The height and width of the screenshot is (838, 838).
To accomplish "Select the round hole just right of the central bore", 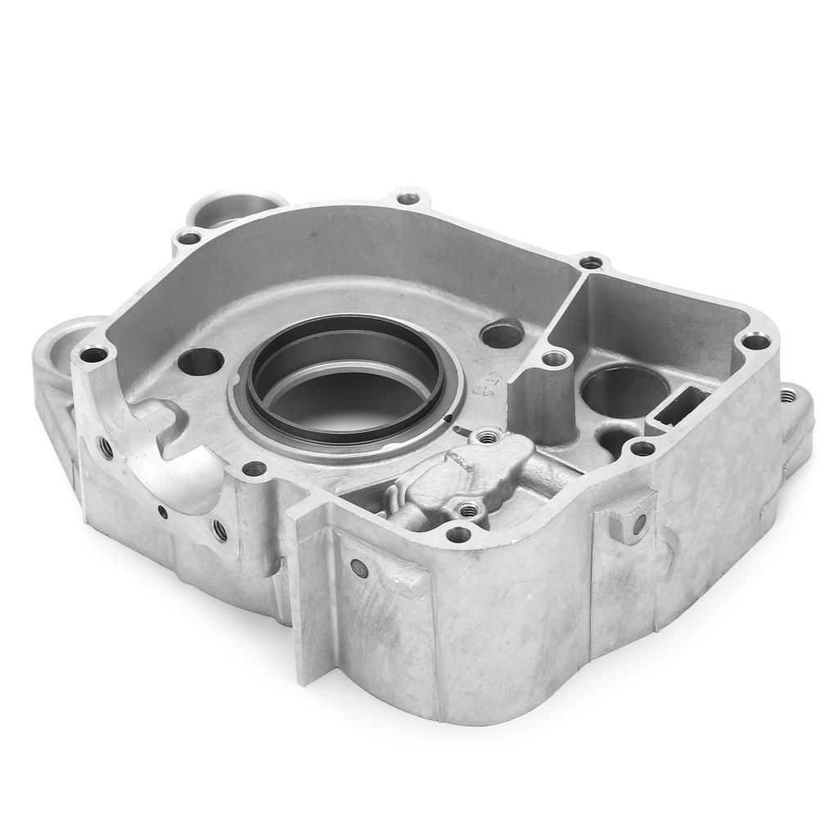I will pyautogui.click(x=502, y=334).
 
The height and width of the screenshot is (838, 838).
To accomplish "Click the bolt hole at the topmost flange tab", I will pyautogui.click(x=408, y=197).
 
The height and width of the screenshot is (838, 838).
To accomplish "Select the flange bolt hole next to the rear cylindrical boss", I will pyautogui.click(x=189, y=238).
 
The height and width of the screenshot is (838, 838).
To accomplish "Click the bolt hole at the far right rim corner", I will pyautogui.click(x=756, y=341).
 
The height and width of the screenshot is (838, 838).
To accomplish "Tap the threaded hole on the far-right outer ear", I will pyautogui.click(x=787, y=396).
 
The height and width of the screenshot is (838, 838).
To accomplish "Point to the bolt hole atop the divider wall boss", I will pyautogui.click(x=555, y=358).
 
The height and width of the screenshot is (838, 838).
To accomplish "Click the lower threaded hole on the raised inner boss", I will pyautogui.click(x=467, y=511).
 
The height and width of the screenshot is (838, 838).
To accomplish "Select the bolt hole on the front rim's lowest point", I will pyautogui.click(x=458, y=534).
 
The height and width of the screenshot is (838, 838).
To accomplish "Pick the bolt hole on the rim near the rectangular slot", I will pyautogui.click(x=643, y=448).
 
